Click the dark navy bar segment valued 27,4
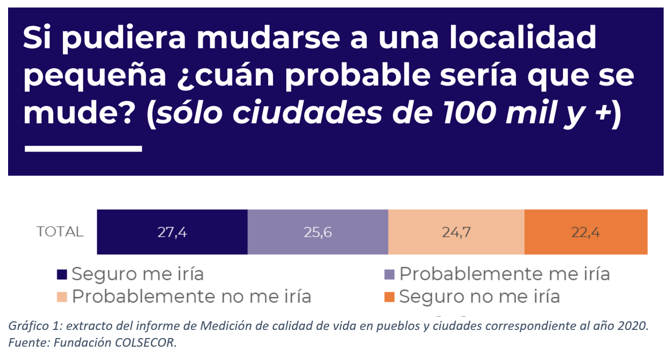(x=172, y=232)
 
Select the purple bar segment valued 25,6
(x=317, y=232)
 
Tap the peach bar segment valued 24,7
(x=456, y=232)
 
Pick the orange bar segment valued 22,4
(x=586, y=232)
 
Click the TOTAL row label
(x=60, y=232)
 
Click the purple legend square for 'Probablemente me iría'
(x=390, y=274)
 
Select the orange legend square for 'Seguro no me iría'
(x=390, y=298)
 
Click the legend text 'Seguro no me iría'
(x=479, y=296)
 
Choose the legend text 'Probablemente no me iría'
(x=191, y=296)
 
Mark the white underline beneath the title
(x=83, y=149)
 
